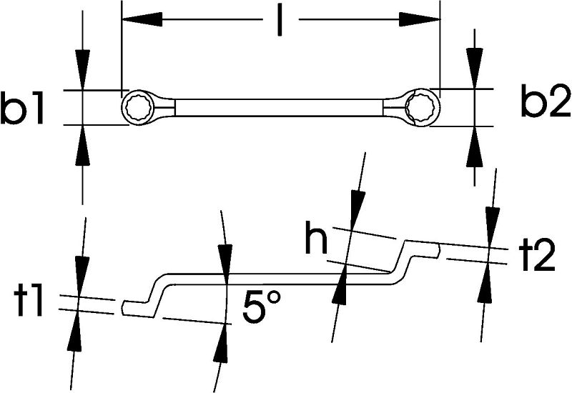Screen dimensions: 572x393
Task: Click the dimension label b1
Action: (22, 108)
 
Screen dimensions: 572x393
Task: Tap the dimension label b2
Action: (546, 101)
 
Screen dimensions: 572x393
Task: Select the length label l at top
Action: (280, 19)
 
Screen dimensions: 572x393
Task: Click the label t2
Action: (537, 256)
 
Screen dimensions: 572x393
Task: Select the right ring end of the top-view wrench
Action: (421, 107)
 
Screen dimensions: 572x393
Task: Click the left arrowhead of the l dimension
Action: (142, 19)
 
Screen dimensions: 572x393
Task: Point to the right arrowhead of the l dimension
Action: (420, 19)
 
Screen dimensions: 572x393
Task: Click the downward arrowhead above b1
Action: (83, 69)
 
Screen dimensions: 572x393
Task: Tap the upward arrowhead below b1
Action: (83, 145)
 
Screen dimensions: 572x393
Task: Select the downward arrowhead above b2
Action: (474, 68)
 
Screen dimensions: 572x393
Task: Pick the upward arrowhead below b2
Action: (474, 147)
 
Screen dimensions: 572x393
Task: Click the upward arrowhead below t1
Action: (75, 331)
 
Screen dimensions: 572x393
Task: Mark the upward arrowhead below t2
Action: (485, 282)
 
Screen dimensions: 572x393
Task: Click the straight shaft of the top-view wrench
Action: (280, 108)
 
